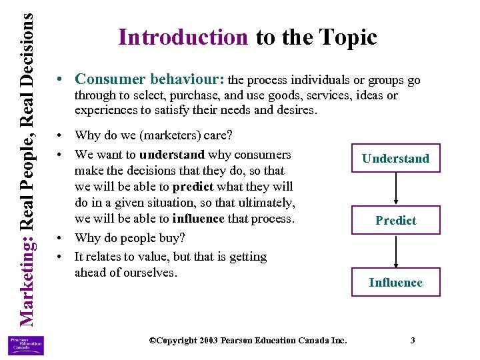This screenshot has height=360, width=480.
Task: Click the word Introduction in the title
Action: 183,37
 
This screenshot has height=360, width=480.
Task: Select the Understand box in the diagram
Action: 395,159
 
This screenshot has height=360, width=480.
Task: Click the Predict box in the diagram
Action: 395,221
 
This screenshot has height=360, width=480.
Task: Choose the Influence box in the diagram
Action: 395,283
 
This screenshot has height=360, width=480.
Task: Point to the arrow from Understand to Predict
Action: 396,189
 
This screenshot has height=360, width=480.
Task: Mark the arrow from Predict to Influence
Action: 396,251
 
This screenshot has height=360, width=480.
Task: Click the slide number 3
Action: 413,341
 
